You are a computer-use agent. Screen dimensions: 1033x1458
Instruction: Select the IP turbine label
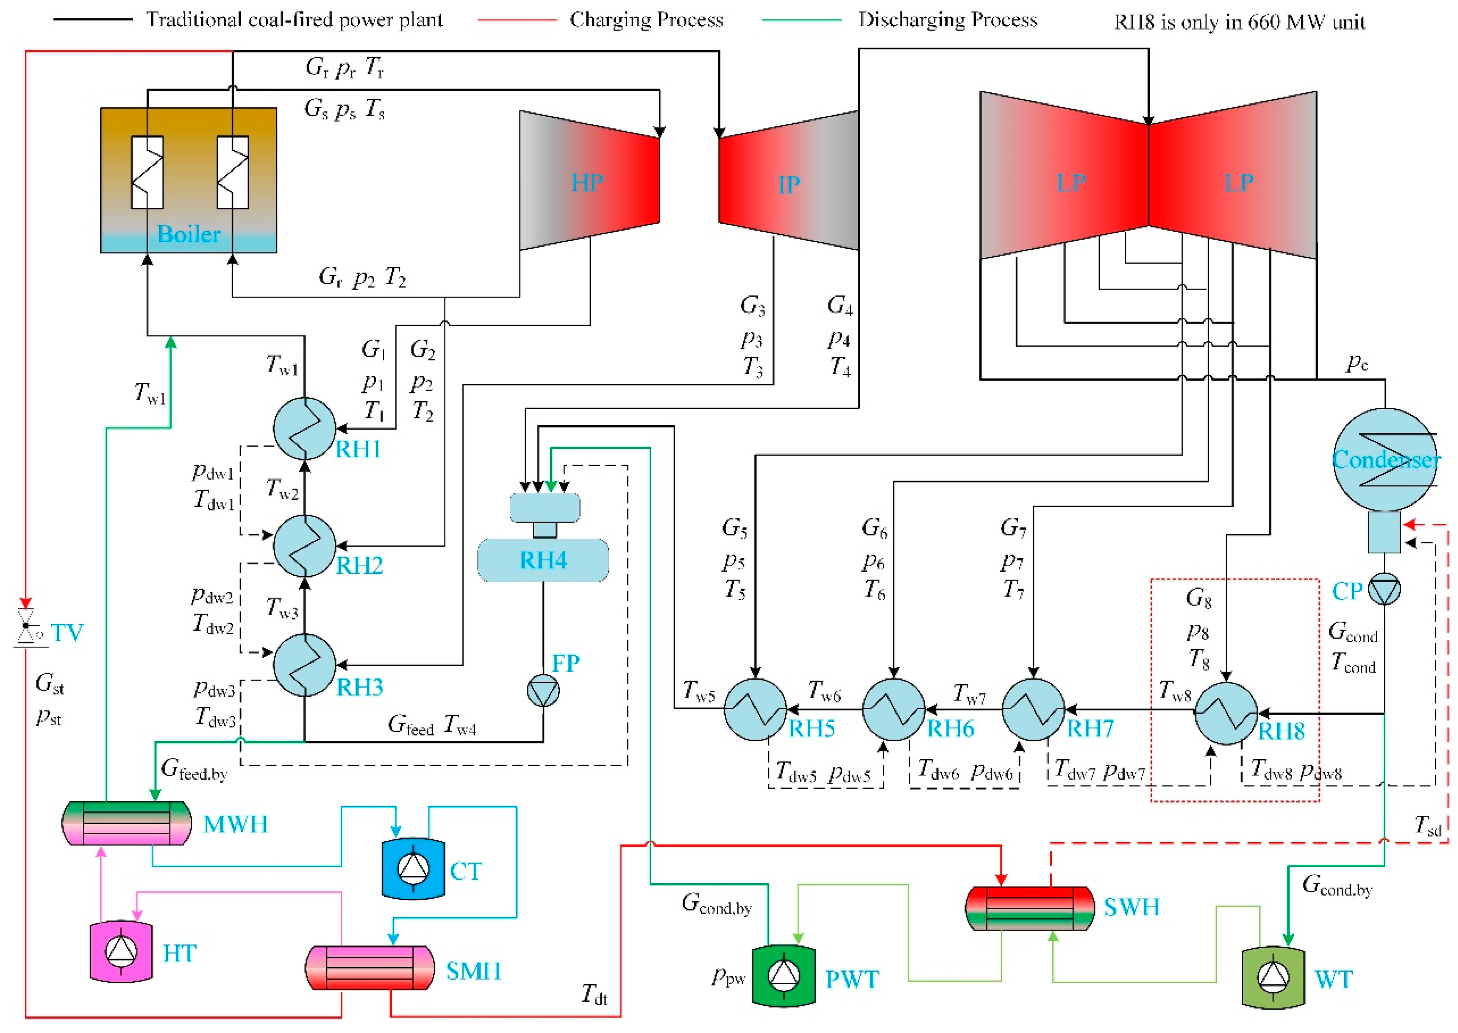point(789,185)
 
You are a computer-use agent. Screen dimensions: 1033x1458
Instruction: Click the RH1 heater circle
point(305,428)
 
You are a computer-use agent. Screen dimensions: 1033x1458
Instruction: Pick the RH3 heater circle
point(305,665)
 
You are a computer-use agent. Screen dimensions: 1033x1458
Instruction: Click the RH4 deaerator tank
point(543,560)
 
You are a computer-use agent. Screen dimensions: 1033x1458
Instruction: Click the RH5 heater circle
point(755,709)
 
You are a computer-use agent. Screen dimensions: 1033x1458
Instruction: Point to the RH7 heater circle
point(1033,709)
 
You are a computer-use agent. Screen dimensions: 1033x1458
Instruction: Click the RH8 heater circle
point(1226,713)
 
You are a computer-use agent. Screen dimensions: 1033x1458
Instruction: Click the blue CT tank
point(413,868)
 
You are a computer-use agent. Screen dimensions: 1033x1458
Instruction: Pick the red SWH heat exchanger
point(1029,908)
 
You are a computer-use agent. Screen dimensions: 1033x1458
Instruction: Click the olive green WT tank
point(1273,978)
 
